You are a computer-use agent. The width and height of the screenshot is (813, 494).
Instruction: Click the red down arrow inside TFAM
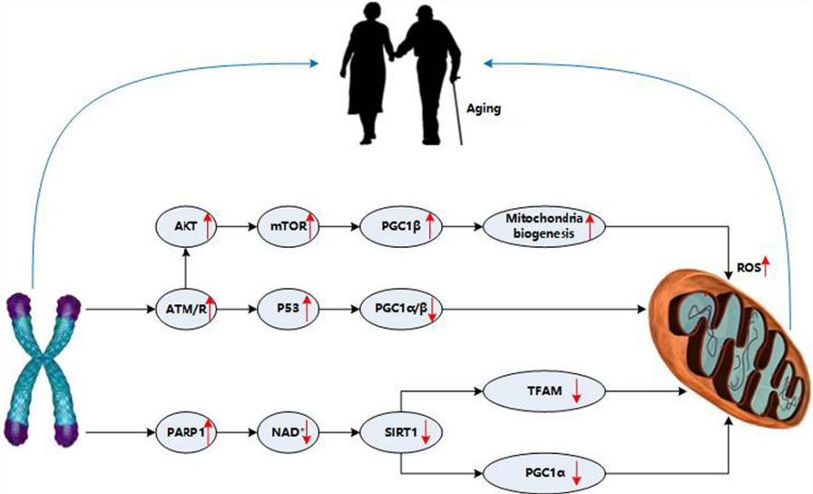tap(575, 392)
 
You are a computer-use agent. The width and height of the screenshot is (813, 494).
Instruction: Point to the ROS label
tap(749, 267)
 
